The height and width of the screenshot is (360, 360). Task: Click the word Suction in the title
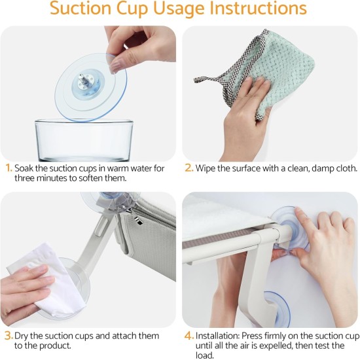click(81, 8)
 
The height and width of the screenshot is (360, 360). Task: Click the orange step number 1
click(9, 168)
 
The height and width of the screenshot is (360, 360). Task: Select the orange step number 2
click(189, 168)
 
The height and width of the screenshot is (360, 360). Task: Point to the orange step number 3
click(9, 336)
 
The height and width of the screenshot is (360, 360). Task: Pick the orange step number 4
click(189, 336)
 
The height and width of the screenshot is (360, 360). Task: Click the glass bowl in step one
click(84, 139)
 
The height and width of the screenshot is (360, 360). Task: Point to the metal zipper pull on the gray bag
click(137, 220)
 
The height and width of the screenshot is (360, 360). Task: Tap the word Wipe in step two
click(206, 168)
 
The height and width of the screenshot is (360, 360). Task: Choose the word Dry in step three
click(22, 336)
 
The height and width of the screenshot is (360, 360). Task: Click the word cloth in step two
click(347, 168)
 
